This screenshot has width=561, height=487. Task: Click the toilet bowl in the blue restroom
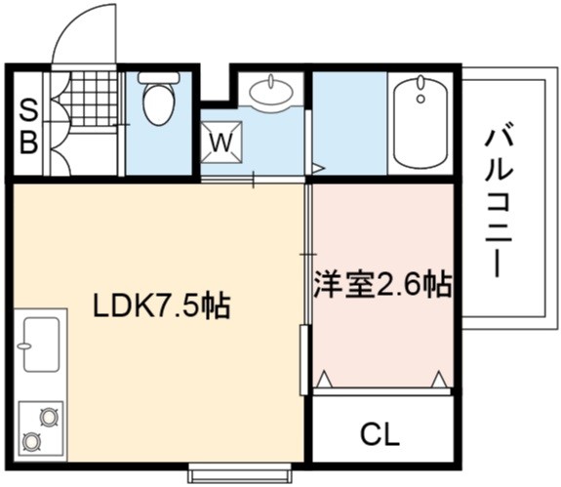(x=159, y=104)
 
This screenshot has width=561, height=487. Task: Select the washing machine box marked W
(x=221, y=142)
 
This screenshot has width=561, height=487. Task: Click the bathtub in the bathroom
(x=421, y=122)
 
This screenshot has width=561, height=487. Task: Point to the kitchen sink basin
(x=42, y=345)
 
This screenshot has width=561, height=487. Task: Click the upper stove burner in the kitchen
(x=49, y=417)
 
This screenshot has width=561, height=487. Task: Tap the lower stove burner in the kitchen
(x=31, y=441)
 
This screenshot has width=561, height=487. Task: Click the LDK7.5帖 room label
(x=161, y=305)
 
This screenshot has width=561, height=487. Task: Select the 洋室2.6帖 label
(x=382, y=284)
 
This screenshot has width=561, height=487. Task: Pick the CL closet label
(x=380, y=434)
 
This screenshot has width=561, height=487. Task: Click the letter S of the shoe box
(x=28, y=110)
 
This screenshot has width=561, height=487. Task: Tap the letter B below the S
(x=28, y=142)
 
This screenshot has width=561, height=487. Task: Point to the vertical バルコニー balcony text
(x=499, y=204)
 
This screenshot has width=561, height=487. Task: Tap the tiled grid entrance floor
(x=93, y=99)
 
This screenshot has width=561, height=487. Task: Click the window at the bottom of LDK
(x=240, y=473)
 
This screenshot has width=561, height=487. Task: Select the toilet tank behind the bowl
(x=158, y=77)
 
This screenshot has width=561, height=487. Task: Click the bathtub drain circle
(x=421, y=98)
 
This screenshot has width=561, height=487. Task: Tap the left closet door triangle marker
(x=324, y=380)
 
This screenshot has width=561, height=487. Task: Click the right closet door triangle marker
(x=439, y=380)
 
